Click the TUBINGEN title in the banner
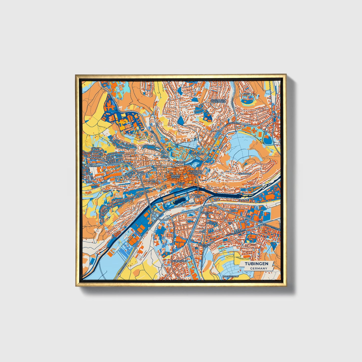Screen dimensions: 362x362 pyautogui.click(x=256, y=264)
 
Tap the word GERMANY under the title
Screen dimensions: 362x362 pyautogui.click(x=259, y=268)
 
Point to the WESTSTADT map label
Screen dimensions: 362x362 pyautogui.click(x=94, y=166)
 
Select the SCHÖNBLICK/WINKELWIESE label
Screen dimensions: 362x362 pyautogui.click(x=218, y=101)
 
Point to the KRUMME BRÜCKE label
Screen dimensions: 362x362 pyautogui.click(x=175, y=177)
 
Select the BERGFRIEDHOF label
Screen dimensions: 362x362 pyautogui.click(x=230, y=277)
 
